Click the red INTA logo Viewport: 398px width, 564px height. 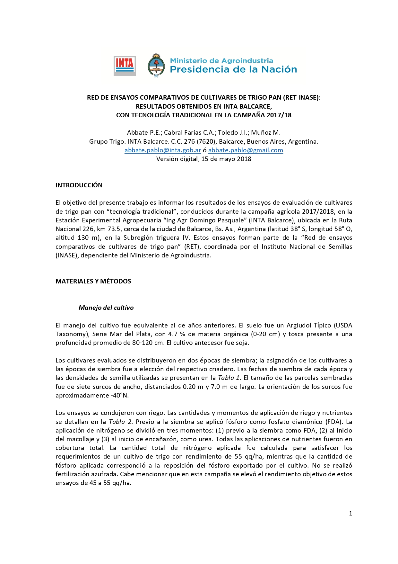(x=125, y=66)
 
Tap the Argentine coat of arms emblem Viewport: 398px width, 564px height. (x=156, y=66)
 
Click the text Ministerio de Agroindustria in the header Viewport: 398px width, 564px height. (x=221, y=60)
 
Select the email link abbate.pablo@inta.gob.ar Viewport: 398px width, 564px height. (x=163, y=150)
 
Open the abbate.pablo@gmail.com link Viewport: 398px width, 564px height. (x=246, y=150)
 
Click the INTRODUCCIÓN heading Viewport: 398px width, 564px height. (x=79, y=185)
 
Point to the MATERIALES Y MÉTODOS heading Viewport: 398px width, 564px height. (x=93, y=281)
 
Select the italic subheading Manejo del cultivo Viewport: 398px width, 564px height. (x=106, y=308)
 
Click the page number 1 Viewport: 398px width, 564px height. (x=350, y=513)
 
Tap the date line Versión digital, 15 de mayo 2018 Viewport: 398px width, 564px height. (x=203, y=159)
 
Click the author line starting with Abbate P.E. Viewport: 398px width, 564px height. (x=203, y=132)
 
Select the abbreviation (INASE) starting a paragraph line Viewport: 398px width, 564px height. (x=67, y=255)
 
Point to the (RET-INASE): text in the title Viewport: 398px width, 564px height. (x=302, y=97)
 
